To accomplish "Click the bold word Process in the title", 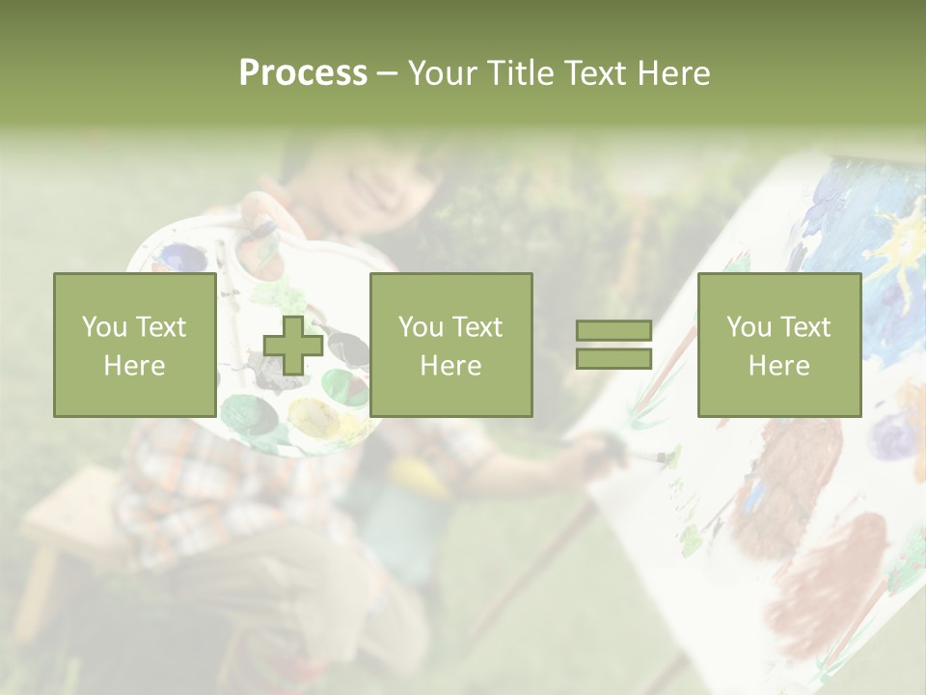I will [303, 73].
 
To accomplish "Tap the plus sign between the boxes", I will [293, 346].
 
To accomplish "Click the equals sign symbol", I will [614, 346].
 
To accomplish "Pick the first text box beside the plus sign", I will [135, 346].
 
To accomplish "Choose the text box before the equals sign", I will [450, 346].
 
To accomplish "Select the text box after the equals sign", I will [779, 346].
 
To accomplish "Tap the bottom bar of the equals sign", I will [614, 359].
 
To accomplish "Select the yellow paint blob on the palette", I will [315, 417].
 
